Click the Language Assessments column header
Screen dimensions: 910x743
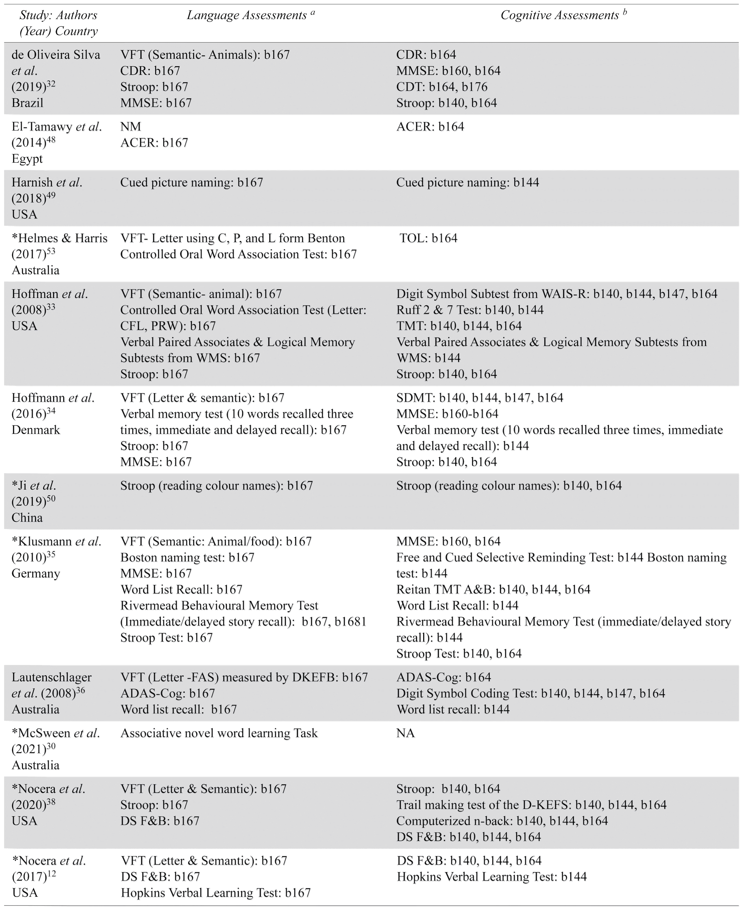[251, 16]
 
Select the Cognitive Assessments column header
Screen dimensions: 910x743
[563, 16]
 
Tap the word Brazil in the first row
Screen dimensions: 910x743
[28, 103]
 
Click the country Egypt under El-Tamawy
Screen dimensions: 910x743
[27, 159]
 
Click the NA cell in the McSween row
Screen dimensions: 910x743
[405, 733]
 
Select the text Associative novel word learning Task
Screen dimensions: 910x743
[219, 733]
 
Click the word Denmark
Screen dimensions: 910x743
[36, 430]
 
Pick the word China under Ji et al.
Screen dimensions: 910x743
[27, 517]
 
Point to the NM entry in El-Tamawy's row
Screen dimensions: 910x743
[130, 127]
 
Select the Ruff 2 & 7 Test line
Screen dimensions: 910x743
[470, 310]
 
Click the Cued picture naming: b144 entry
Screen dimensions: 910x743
[467, 183]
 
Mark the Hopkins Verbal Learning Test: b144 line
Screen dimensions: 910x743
[491, 876]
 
